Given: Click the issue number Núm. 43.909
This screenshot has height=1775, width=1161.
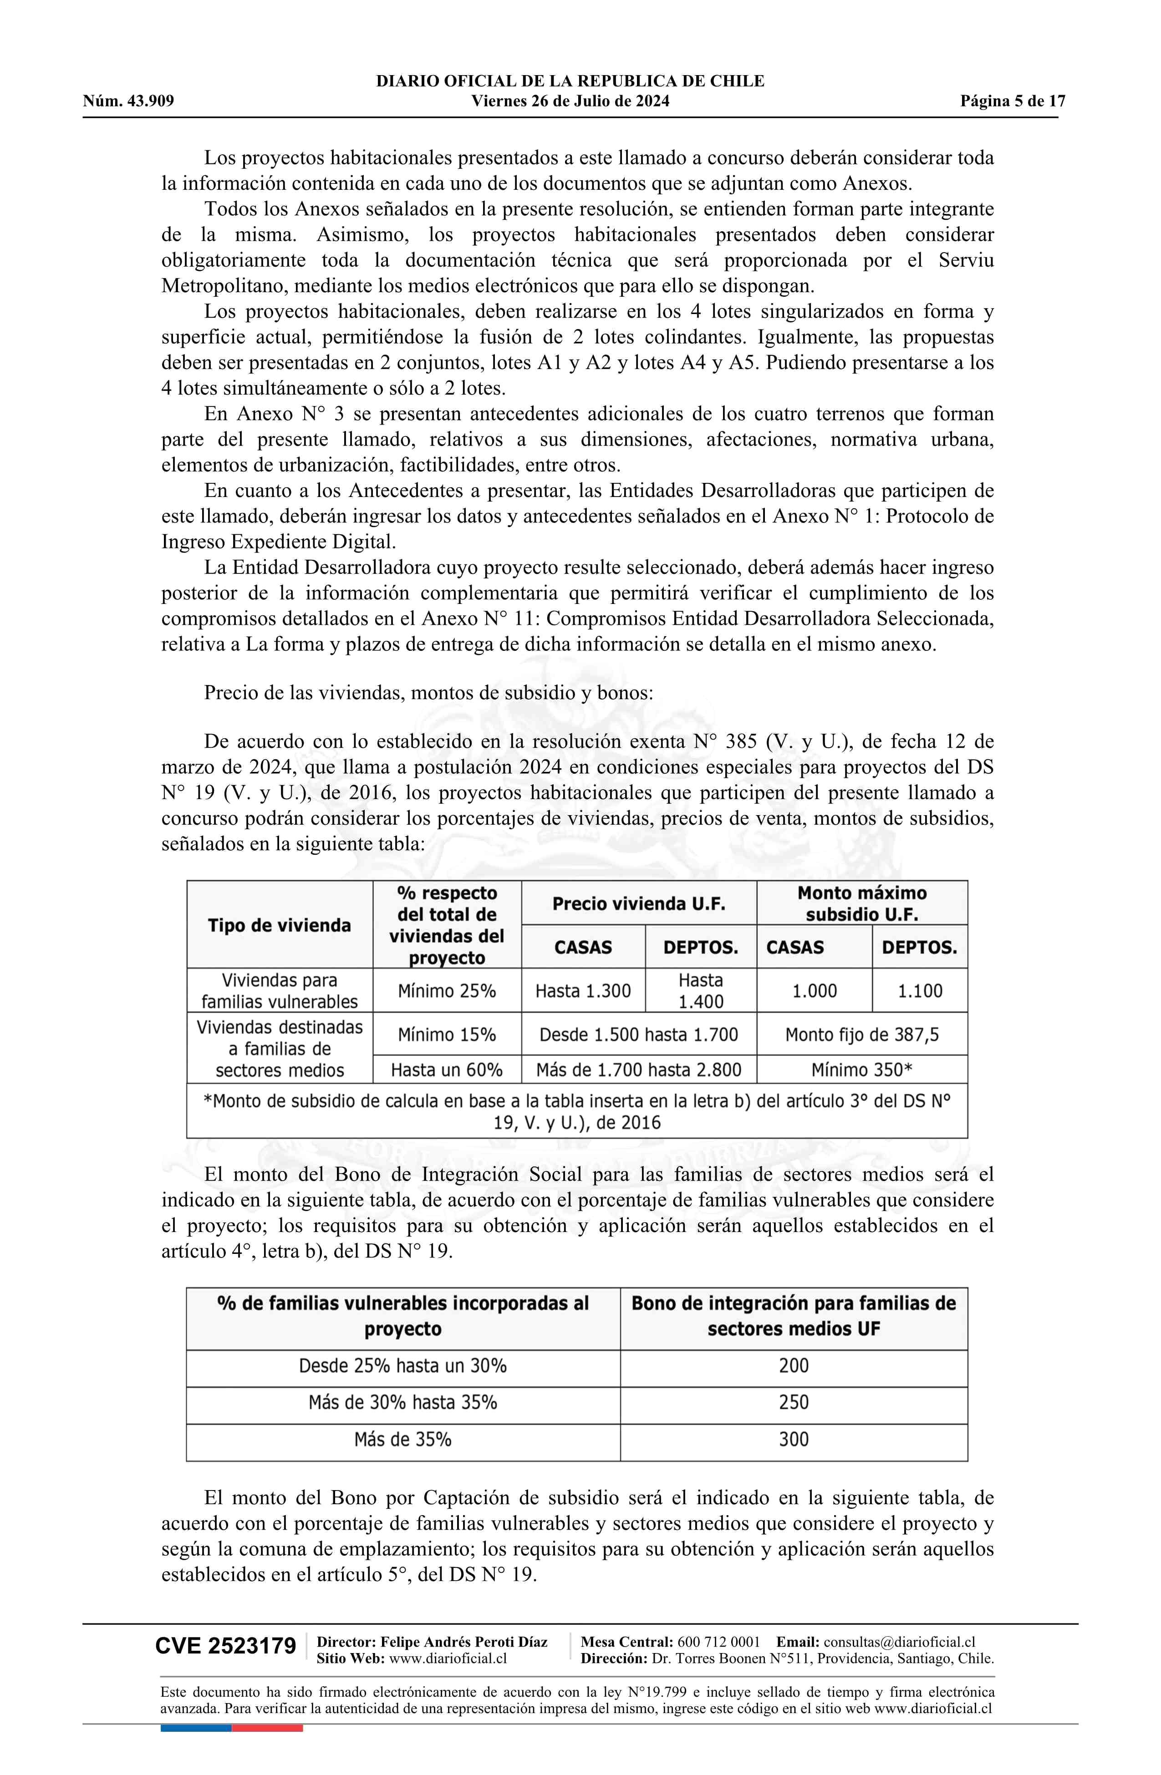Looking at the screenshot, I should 128,101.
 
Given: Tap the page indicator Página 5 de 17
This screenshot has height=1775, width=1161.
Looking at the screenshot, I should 1013,101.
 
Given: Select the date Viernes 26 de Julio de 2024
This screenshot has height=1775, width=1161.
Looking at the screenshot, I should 570,101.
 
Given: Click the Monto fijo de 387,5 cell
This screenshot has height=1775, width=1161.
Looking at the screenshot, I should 862,1035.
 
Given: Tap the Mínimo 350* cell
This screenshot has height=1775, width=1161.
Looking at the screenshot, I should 862,1070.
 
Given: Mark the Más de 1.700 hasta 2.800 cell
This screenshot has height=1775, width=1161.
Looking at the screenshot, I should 639,1070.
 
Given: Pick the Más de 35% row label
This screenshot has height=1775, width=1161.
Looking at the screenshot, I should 403,1439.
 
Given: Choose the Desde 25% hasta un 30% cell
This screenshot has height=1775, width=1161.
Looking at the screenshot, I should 403,1365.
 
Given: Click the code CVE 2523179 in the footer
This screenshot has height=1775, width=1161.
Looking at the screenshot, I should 225,1646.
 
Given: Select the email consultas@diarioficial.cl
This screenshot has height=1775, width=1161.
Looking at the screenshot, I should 899,1642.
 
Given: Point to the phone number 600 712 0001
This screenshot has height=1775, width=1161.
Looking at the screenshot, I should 718,1642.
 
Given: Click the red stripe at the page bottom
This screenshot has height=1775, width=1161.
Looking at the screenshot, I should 267,1728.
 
